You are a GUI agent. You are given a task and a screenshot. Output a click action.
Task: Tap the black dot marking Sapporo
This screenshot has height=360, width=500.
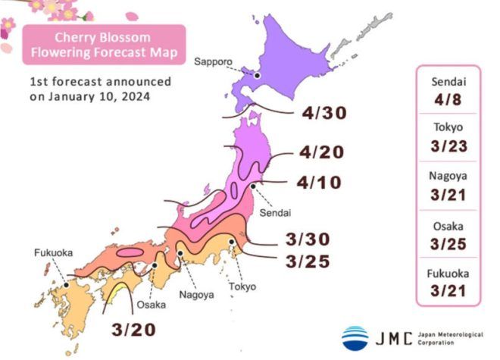click(x=257, y=75)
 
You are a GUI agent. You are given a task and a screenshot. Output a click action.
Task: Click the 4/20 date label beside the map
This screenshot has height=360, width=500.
click(x=322, y=152)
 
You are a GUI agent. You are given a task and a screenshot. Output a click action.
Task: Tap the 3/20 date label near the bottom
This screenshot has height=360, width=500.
click(x=135, y=330)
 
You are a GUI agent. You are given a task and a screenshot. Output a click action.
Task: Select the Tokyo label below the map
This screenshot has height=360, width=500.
click(x=242, y=286)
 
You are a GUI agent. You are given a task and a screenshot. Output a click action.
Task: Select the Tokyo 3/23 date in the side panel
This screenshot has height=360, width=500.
click(x=448, y=146)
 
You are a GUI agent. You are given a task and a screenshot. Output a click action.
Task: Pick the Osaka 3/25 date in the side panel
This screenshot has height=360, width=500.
click(x=448, y=244)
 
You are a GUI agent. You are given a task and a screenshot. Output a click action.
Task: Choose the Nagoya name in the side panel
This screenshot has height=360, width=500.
click(x=448, y=177)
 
